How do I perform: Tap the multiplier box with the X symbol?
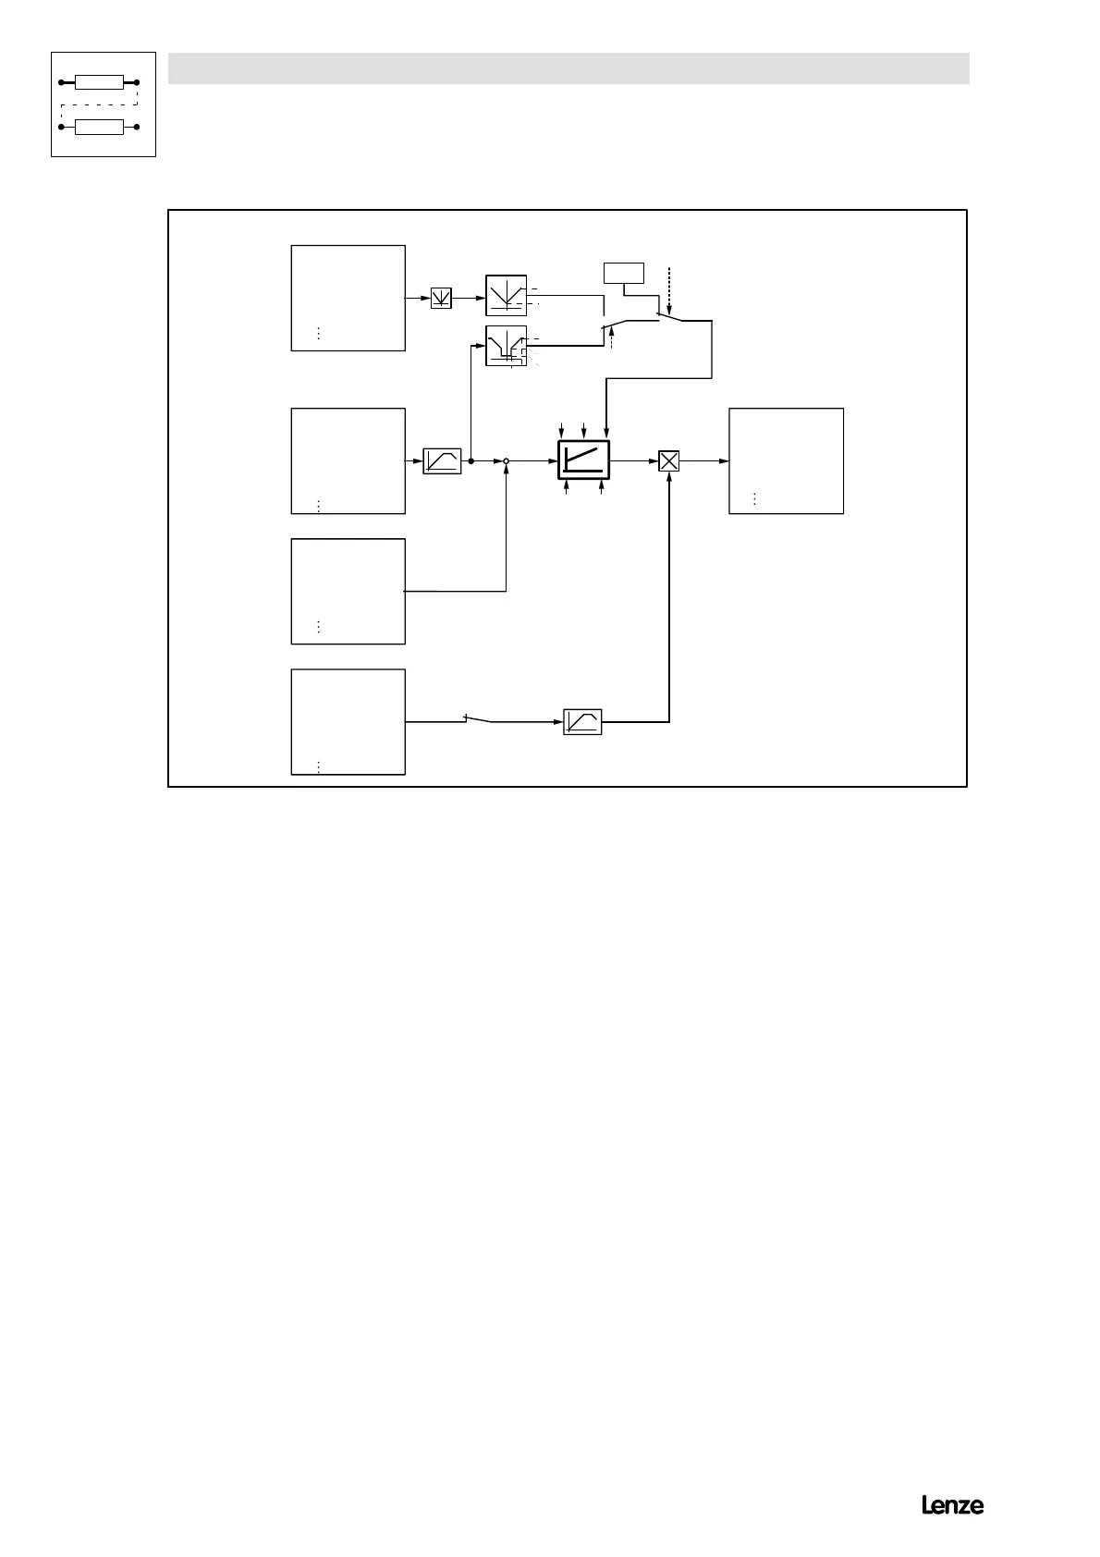click(x=668, y=460)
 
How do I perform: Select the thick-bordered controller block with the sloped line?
click(x=584, y=460)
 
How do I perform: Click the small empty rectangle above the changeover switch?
click(x=623, y=273)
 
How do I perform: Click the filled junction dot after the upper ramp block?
click(x=471, y=460)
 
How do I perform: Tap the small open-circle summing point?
click(x=507, y=460)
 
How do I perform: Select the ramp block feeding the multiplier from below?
click(x=582, y=721)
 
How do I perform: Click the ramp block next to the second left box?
click(x=442, y=460)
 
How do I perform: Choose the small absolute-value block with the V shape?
click(x=441, y=298)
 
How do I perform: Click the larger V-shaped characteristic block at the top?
click(x=506, y=296)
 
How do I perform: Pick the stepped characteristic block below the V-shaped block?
click(x=506, y=347)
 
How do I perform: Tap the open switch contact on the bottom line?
click(x=479, y=718)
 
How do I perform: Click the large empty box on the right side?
click(x=786, y=460)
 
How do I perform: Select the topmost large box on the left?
click(x=348, y=298)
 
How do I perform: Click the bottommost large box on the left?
click(x=348, y=721)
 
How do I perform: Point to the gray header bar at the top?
click(x=568, y=68)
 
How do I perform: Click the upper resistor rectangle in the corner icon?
click(x=99, y=82)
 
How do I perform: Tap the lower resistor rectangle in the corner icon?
click(x=99, y=127)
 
